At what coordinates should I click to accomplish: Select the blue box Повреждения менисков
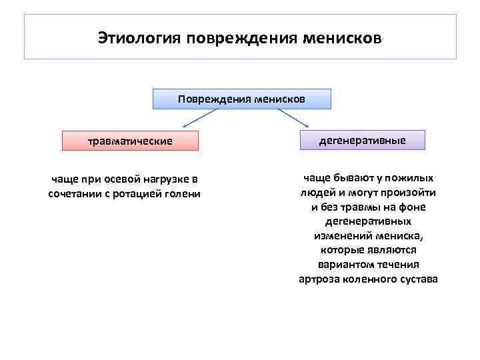point(241,99)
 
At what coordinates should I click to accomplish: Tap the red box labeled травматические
point(130,141)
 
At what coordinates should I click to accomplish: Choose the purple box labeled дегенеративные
point(362,139)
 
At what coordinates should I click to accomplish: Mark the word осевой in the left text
point(119,180)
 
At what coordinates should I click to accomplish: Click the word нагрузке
point(167,180)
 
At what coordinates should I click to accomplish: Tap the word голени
point(183,194)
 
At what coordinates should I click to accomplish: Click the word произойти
point(412,193)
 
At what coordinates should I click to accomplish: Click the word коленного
point(368,279)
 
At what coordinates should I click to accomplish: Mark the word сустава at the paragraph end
point(417,279)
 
